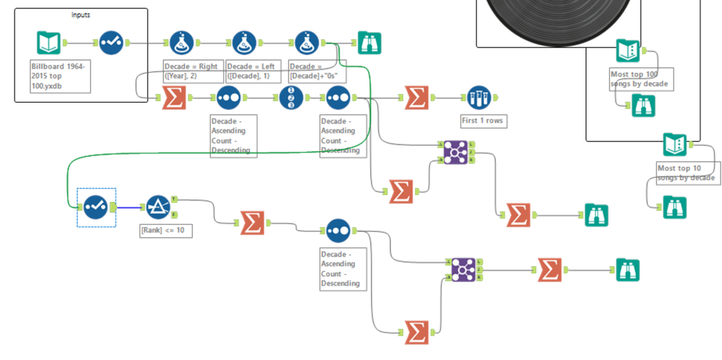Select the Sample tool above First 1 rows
point(478,98)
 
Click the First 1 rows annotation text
point(482,121)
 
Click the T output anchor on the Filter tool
point(174,199)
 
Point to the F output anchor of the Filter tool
point(174,215)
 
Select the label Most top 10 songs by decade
point(686,173)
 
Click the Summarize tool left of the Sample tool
point(416,98)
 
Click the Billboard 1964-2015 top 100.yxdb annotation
point(59,76)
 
